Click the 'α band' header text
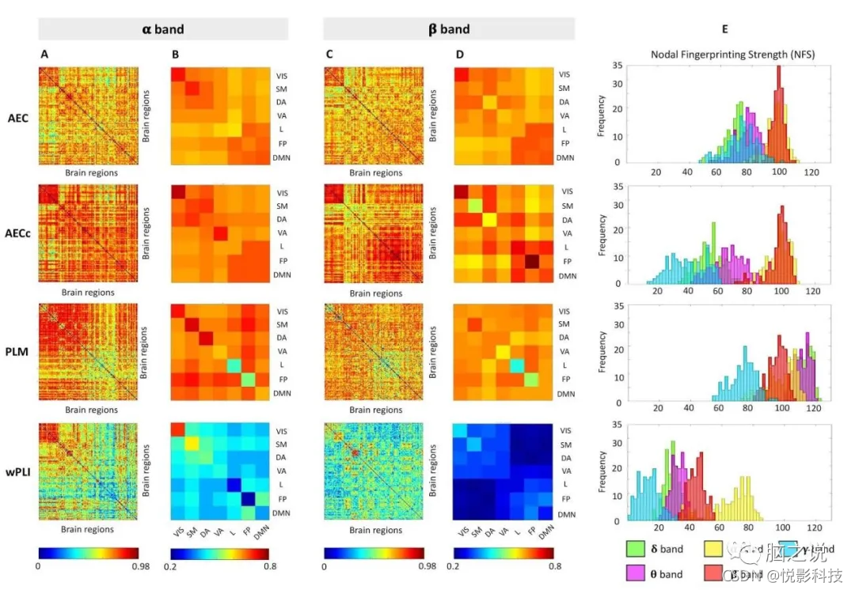pyautogui.click(x=163, y=29)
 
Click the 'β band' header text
pyautogui.click(x=448, y=29)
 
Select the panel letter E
pyautogui.click(x=725, y=29)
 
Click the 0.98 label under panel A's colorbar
pyautogui.click(x=127, y=566)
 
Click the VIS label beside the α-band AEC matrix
pyautogui.click(x=281, y=74)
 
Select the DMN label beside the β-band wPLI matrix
pyautogui.click(x=566, y=516)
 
